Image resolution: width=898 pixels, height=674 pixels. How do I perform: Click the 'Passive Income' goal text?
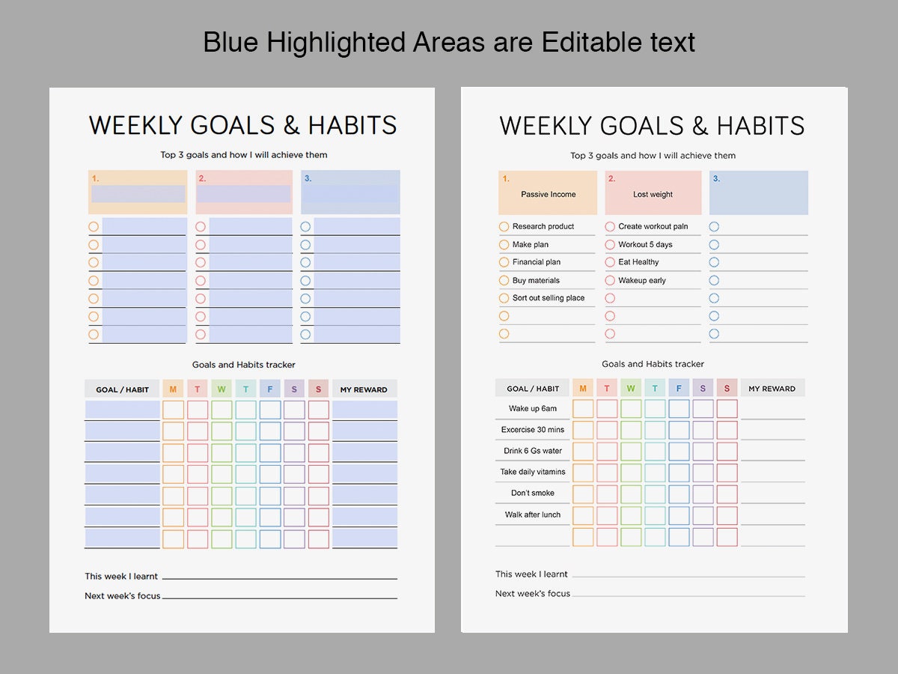(548, 195)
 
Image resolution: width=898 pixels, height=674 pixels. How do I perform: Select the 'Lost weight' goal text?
(653, 195)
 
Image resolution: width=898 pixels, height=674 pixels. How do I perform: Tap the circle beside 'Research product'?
(504, 226)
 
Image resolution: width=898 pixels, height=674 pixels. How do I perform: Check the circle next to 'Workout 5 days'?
(610, 244)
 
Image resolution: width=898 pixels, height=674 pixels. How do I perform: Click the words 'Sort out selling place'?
(548, 298)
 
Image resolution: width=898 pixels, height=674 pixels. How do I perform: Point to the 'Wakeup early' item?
(641, 280)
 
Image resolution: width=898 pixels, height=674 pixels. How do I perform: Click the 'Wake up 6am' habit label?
(533, 409)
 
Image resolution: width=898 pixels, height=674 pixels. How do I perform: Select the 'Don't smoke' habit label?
(533, 493)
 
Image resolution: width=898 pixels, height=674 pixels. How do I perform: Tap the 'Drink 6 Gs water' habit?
(533, 451)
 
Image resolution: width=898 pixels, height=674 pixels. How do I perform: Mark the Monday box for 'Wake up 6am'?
(583, 409)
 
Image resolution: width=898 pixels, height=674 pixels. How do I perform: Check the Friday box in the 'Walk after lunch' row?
(679, 515)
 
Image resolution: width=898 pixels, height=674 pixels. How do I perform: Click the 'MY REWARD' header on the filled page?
(772, 389)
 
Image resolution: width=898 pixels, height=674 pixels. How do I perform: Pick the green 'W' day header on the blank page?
(222, 389)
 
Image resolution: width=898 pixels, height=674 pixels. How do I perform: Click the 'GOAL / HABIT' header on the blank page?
(122, 389)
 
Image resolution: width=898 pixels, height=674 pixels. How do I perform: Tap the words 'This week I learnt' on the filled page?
(531, 574)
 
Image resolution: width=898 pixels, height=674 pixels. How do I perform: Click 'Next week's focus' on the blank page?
(123, 596)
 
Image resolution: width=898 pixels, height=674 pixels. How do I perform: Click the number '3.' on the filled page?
(716, 179)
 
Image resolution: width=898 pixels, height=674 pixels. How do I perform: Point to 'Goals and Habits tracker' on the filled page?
(653, 364)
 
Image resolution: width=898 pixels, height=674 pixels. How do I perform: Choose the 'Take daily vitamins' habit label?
(533, 472)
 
